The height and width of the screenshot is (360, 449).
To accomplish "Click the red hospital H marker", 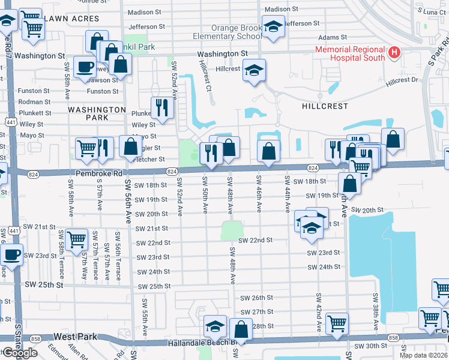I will pyautogui.click(x=394, y=53).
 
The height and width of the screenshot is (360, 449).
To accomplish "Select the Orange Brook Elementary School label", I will pyautogui.click(x=237, y=32).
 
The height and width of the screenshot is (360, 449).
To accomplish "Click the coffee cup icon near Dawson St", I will pyautogui.click(x=85, y=68).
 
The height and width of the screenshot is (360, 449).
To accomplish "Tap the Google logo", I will pyautogui.click(x=20, y=353).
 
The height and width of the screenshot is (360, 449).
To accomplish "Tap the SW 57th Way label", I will pyautogui.click(x=85, y=262).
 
